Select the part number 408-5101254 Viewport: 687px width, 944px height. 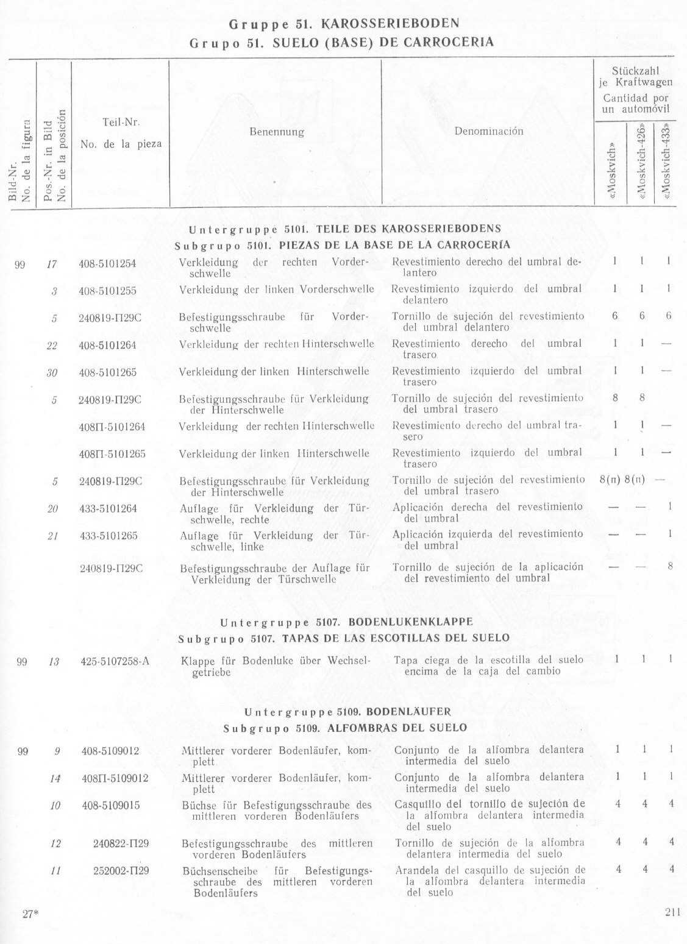pos(107,264)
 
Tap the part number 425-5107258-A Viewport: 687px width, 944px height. pos(115,661)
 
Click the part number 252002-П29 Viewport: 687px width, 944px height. pos(121,871)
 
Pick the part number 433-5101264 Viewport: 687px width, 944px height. pos(108,508)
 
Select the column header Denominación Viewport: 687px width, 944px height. pos(488,131)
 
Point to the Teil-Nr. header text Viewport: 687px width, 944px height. pos(122,122)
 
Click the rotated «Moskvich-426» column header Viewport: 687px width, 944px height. pos(641,163)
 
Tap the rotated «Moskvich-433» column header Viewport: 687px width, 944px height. pos(666,163)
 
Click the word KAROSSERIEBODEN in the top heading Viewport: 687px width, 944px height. pos(390,24)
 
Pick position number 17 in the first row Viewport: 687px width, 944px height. pos(52,264)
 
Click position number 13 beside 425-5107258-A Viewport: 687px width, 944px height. pos(53,661)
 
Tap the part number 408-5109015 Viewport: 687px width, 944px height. pos(110,806)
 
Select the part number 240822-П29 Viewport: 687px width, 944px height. pos(121,843)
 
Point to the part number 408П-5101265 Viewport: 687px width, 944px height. pos(112,454)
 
